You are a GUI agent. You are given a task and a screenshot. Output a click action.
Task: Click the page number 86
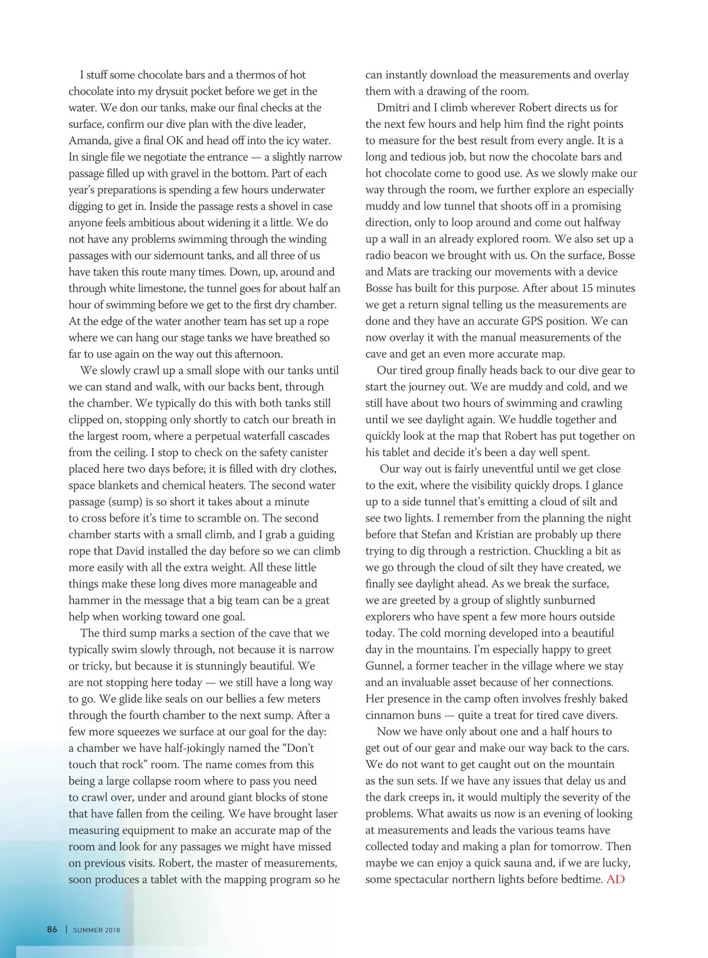click(52, 929)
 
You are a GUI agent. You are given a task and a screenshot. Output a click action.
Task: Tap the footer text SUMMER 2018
click(96, 930)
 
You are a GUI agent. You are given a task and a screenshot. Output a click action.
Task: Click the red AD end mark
click(615, 879)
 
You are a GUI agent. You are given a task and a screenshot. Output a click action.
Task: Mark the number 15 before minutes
click(587, 288)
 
